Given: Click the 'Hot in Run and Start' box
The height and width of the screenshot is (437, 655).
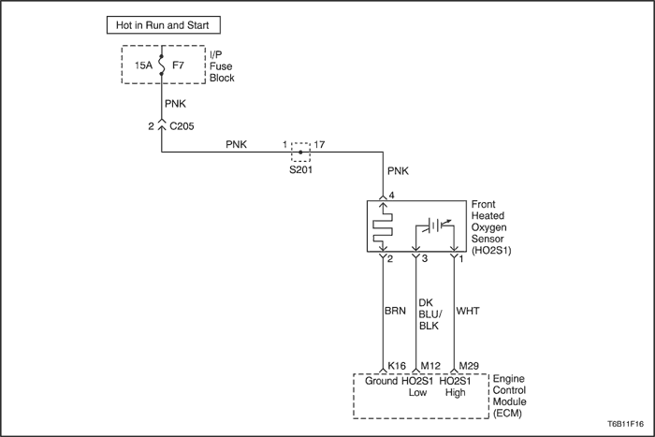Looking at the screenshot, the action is click(164, 25).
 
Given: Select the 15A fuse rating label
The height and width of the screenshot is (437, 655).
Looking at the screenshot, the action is click(143, 66).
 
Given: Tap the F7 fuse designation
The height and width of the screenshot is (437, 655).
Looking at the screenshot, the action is click(178, 66).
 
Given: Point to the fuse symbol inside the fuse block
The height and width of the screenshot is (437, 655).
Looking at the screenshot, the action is click(161, 65).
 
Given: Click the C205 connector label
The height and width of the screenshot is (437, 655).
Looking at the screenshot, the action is click(182, 126).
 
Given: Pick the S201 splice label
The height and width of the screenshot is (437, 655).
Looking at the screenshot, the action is click(300, 170).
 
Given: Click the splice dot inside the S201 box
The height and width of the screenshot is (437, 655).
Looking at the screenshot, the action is click(300, 153).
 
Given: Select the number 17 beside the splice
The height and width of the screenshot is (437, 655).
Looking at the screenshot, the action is click(319, 144).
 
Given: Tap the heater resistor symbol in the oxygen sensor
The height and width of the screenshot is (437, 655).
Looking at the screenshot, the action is click(383, 228).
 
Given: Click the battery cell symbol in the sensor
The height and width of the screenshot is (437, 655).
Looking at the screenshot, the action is click(435, 226).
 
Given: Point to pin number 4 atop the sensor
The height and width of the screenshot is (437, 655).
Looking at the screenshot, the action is click(391, 195).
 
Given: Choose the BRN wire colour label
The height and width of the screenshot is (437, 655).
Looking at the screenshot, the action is click(395, 311).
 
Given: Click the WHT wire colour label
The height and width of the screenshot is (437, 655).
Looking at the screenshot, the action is click(468, 311).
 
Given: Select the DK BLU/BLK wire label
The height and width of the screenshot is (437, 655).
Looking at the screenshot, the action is click(429, 314).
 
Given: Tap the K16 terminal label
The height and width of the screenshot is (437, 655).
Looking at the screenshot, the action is click(397, 366).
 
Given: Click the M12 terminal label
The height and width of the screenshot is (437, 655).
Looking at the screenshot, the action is click(430, 366).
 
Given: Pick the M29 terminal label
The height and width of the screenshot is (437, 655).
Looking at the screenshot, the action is click(469, 366).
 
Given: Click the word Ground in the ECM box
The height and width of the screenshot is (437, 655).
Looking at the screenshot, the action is click(381, 381).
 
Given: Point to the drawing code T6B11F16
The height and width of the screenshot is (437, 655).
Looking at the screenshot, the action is click(625, 424).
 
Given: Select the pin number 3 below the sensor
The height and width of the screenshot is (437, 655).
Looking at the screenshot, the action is click(425, 258).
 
